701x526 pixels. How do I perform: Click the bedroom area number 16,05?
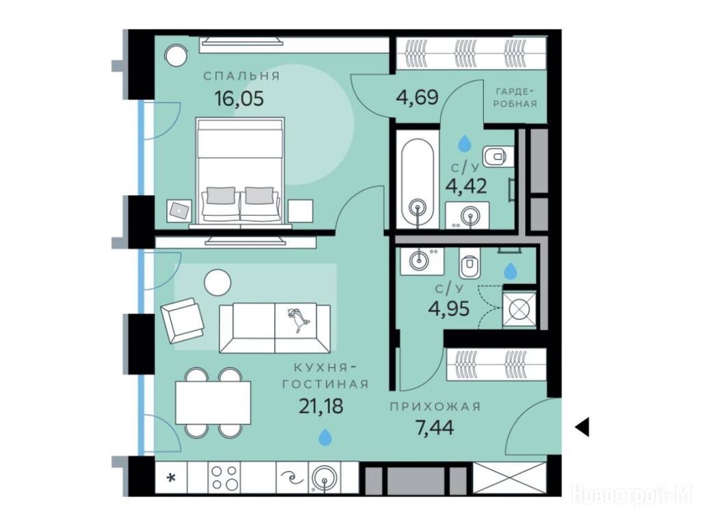[x=239, y=98]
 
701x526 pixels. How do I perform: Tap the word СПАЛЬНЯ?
[x=242, y=76]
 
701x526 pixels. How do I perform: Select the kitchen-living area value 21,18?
[x=321, y=406]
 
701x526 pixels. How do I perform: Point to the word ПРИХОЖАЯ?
[x=435, y=407]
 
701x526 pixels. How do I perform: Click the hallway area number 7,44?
[x=435, y=428]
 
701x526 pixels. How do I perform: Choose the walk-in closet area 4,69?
[x=417, y=97]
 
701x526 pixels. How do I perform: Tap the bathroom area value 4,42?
[x=466, y=186]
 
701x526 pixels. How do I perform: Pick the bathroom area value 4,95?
[x=449, y=308]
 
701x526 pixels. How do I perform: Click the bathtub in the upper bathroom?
[x=418, y=179]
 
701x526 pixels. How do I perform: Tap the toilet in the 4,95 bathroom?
[x=469, y=263]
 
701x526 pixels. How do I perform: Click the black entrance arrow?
[x=582, y=427]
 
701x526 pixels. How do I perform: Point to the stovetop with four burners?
[x=225, y=477]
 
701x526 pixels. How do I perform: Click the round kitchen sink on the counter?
[x=324, y=479]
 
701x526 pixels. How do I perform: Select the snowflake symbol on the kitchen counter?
[x=170, y=478]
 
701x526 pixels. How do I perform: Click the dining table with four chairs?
[x=213, y=403]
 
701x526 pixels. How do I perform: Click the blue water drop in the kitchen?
[x=325, y=437]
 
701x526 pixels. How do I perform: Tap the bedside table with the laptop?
[x=179, y=211]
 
